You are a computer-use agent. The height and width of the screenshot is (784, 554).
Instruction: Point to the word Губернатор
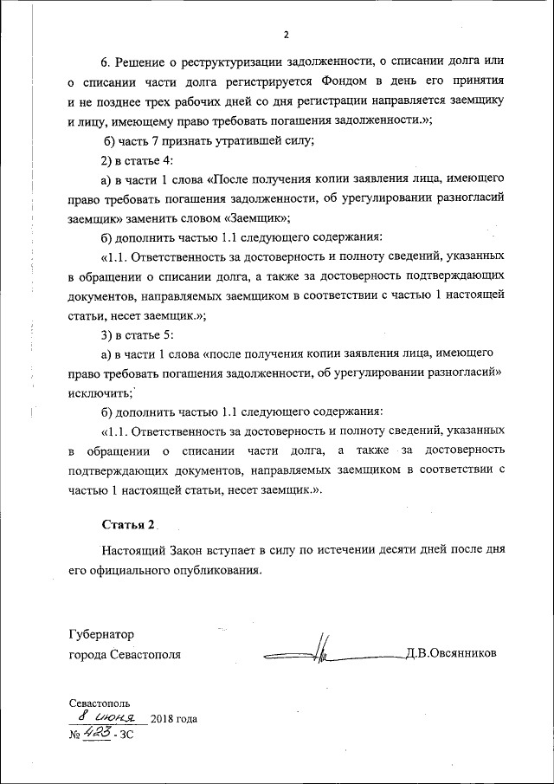click(101, 634)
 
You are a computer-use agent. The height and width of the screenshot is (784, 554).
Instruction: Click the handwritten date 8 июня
click(106, 717)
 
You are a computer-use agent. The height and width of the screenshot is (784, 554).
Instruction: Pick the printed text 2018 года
click(174, 719)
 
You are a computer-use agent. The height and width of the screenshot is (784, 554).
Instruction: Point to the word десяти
click(376, 549)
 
